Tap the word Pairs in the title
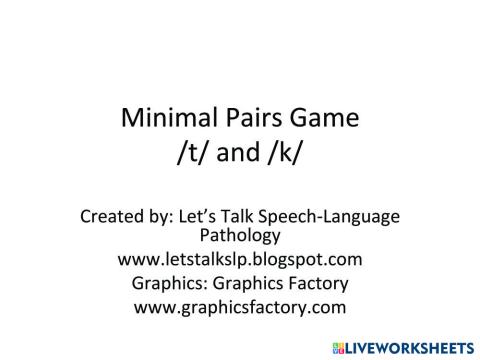click(x=249, y=119)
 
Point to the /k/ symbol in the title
click(x=294, y=156)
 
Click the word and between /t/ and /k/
click(x=240, y=156)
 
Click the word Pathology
click(x=240, y=236)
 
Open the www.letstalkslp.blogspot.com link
click(x=240, y=260)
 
